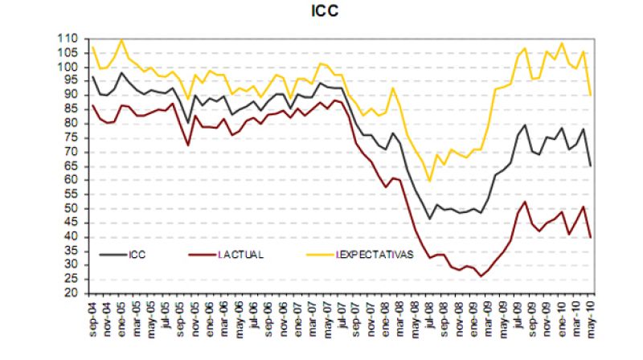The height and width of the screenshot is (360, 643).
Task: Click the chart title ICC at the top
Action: [x=324, y=11]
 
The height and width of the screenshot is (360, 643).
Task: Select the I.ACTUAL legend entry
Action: [x=240, y=255]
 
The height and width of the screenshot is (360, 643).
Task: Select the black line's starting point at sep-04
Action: [x=93, y=77]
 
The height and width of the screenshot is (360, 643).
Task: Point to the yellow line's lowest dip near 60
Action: [x=430, y=181]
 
